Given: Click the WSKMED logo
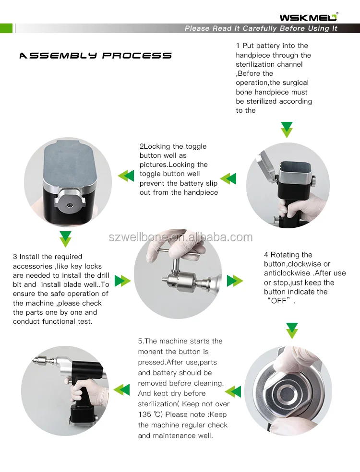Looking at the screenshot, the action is click(x=309, y=17).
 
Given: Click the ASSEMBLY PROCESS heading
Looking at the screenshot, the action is click(x=96, y=56).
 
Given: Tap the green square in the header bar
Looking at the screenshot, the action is click(x=6, y=28).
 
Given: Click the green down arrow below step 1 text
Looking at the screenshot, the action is click(x=287, y=130).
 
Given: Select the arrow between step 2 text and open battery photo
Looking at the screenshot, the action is click(x=228, y=178).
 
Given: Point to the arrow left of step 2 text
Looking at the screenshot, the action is click(x=126, y=176).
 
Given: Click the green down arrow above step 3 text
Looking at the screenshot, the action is click(x=65, y=239).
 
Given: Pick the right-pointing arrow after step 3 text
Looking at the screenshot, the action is click(x=122, y=281).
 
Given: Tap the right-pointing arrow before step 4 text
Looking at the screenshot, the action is click(x=235, y=281).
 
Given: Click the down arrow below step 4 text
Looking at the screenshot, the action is click(x=292, y=331).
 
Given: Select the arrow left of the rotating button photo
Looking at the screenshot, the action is click(x=233, y=391).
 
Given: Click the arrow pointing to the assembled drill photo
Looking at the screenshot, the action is click(x=122, y=389).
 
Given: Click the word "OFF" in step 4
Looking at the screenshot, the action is click(x=280, y=301).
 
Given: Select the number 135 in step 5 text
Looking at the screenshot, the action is click(x=144, y=414).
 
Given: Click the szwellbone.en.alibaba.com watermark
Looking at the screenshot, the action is click(x=180, y=237).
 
